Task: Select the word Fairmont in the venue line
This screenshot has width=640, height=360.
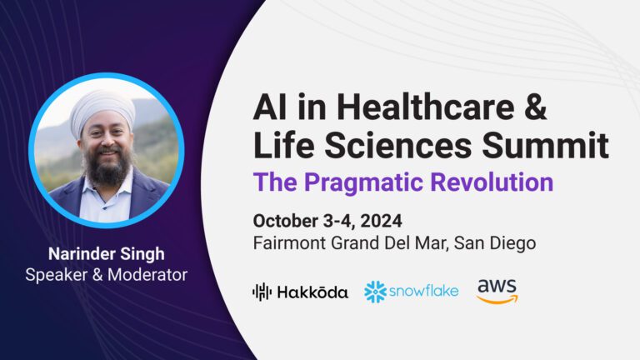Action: tap(287, 243)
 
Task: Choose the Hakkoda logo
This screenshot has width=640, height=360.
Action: tap(300, 292)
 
